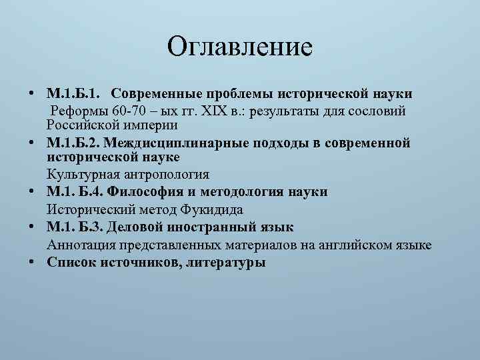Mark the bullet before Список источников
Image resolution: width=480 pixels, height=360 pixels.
coord(32,261)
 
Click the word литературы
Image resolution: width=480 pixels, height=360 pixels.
coord(225,262)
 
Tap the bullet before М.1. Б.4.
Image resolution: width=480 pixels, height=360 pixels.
coord(32,192)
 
